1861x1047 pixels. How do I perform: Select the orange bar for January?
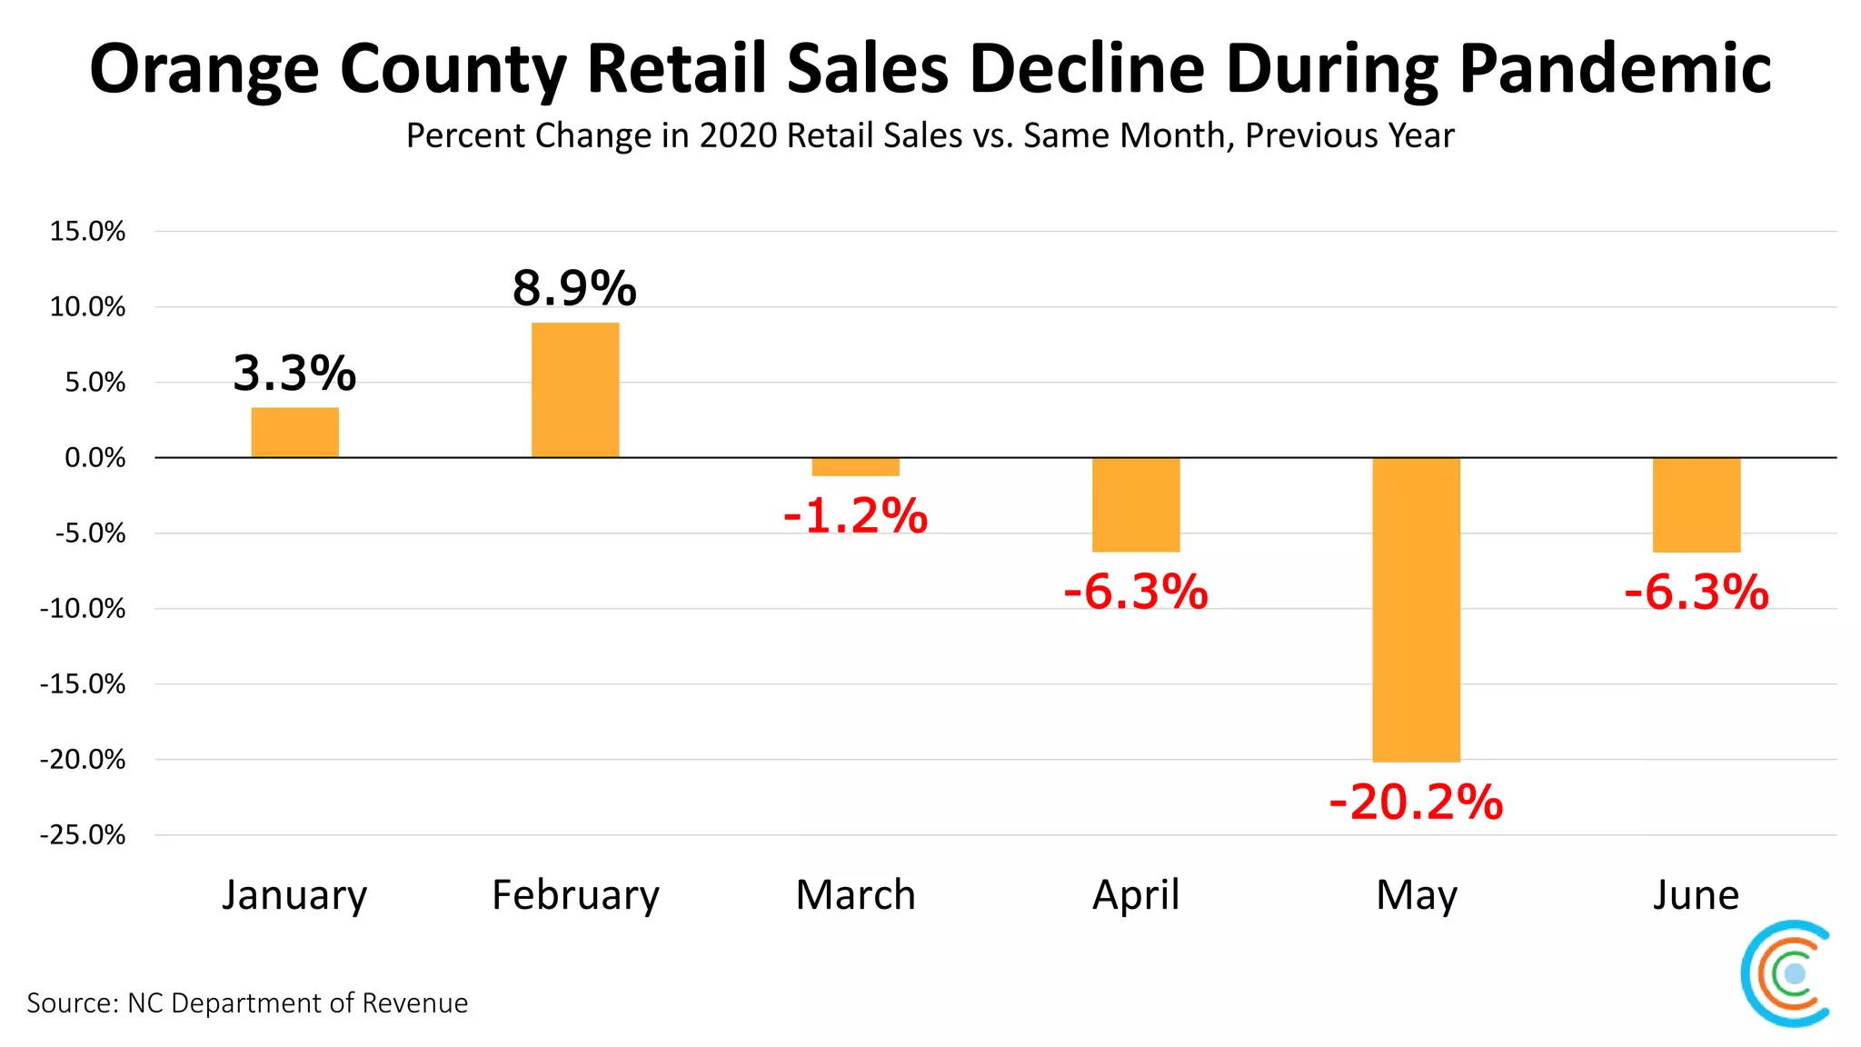pos(294,433)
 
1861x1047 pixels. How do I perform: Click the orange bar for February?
pos(575,390)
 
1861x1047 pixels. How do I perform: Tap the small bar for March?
pos(855,467)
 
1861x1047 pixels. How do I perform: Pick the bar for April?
pos(1136,504)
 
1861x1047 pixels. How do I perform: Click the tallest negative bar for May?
pos(1416,609)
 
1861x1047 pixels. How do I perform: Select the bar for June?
pos(1697,504)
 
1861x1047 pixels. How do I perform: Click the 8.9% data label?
pos(574,288)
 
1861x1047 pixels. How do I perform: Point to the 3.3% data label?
pos(294,374)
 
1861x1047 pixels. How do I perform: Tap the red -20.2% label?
pos(1416,803)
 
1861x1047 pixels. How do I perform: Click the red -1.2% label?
pos(855,516)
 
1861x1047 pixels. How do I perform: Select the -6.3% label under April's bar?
pos(1136,593)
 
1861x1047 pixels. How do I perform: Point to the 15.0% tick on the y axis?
pos(87,232)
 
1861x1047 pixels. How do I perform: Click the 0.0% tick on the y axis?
pos(95,458)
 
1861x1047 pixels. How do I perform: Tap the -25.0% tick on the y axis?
pos(83,835)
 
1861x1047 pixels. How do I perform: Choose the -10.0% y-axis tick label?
pos(83,609)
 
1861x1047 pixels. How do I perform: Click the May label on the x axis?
pos(1416,896)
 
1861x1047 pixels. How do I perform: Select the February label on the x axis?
pos(575,895)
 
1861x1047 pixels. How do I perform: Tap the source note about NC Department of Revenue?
pos(247,1003)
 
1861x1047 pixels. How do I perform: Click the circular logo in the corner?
pos(1786,973)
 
